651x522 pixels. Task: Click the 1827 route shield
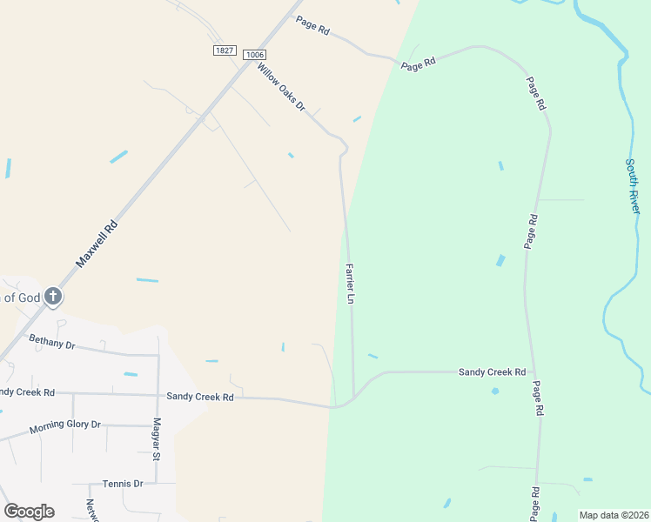pyautogui.click(x=224, y=50)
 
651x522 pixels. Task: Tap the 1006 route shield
pyautogui.click(x=254, y=55)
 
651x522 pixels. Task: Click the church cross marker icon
pyautogui.click(x=53, y=298)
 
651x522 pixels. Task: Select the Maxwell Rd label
pyautogui.click(x=96, y=244)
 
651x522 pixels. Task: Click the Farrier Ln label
pyautogui.click(x=350, y=284)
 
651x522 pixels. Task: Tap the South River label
pyautogui.click(x=634, y=186)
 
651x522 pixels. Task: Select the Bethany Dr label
pyautogui.click(x=52, y=344)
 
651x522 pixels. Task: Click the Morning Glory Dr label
pyautogui.click(x=65, y=427)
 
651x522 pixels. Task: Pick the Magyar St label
pyautogui.click(x=158, y=438)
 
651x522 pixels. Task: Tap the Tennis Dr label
pyautogui.click(x=122, y=483)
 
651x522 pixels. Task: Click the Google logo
pyautogui.click(x=29, y=512)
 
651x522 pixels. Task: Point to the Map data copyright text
pyautogui.click(x=613, y=515)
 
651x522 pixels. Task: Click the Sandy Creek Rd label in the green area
pyautogui.click(x=492, y=372)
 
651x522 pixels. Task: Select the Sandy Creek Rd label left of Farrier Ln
pyautogui.click(x=200, y=397)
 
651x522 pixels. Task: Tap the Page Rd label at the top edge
pyautogui.click(x=312, y=25)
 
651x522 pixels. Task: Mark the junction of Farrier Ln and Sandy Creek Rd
pyautogui.click(x=353, y=397)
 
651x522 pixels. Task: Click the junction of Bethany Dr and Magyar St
pyautogui.click(x=158, y=355)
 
